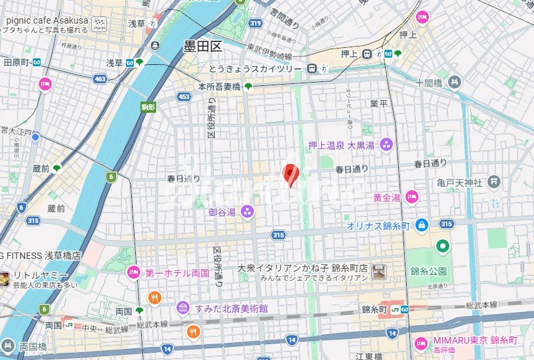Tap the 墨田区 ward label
[x=203, y=46]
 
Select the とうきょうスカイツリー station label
[x=255, y=68]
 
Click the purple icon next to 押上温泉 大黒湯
[x=386, y=144]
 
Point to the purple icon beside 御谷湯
[x=247, y=211]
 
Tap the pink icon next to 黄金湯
[x=411, y=196]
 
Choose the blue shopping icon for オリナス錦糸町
[x=421, y=225]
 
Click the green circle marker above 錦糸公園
[x=443, y=247]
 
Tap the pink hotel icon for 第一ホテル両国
[x=134, y=272]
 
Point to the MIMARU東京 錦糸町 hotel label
[x=475, y=340]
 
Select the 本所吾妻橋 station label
[x=219, y=86]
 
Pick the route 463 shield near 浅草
[x=100, y=78]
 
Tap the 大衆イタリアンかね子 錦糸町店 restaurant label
[x=302, y=268]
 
